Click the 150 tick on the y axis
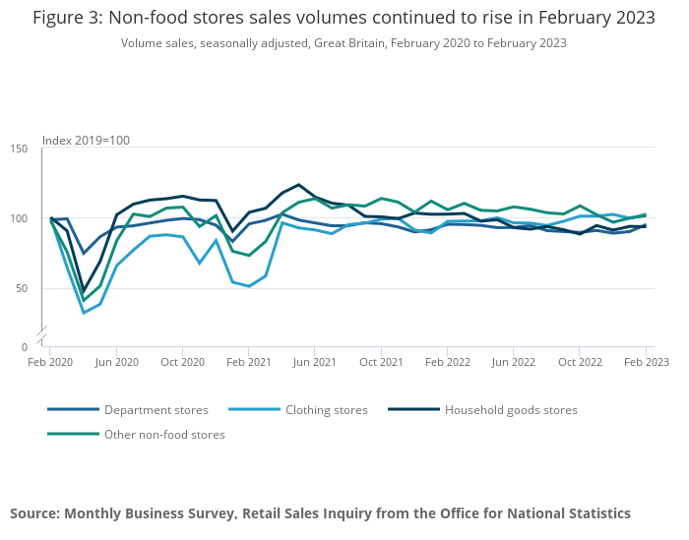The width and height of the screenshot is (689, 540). tap(20, 149)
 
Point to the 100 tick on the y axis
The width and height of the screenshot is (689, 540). tap(20, 218)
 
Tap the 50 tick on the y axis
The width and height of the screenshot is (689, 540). tap(23, 288)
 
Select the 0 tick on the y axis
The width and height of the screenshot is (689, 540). tap(26, 347)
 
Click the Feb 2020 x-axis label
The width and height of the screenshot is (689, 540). tap(50, 362)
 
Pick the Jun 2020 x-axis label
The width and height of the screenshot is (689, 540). tap(116, 362)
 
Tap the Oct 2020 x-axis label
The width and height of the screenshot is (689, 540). tap(182, 362)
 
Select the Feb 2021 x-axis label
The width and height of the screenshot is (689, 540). tap(248, 362)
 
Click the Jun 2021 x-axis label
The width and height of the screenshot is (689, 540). tap(314, 362)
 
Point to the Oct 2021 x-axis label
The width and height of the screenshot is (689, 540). tap(381, 362)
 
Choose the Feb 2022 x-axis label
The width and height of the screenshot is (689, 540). tap(447, 362)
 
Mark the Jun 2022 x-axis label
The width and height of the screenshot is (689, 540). tap(513, 362)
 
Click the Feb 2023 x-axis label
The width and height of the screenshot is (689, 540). tap(645, 362)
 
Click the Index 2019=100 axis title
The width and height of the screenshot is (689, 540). tap(86, 141)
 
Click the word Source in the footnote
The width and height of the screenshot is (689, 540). tap(33, 513)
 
